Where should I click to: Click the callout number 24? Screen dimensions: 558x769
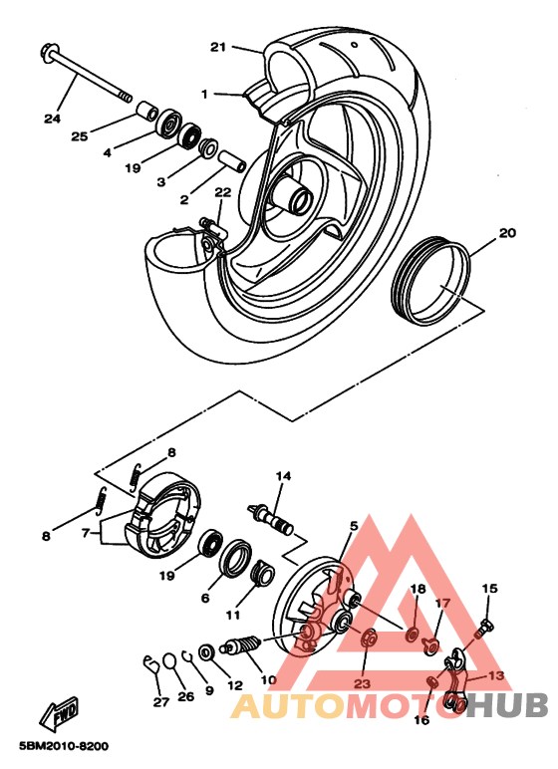52,119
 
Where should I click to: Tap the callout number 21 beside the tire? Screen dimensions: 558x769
218,47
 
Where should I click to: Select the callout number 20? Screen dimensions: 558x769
507,232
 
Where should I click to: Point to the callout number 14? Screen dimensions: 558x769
283,476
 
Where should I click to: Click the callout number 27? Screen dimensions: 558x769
161,702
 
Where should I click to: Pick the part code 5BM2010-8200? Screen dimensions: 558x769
64,746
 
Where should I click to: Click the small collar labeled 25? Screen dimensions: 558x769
146,111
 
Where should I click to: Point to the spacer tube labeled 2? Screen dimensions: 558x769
231,161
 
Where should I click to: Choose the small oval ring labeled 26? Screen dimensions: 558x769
169,660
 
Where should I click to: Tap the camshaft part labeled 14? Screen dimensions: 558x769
271,519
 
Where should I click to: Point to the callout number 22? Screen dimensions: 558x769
222,192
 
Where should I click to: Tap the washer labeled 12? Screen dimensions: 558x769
206,652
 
